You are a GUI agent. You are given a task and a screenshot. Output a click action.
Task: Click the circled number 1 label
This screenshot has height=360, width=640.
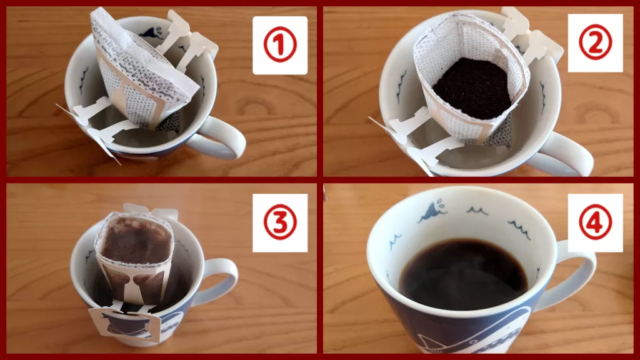pos(279,46)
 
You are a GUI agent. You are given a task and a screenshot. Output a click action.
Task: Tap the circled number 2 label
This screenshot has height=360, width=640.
pos(595,43)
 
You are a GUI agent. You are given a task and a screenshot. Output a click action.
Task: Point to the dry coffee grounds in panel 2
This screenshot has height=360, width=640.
pos(472,87)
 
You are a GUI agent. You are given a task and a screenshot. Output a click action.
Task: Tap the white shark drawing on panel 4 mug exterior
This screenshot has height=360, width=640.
pos(462,337)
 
